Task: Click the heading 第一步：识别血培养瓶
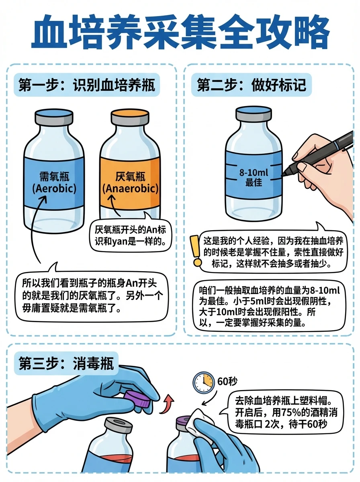click(x=87, y=85)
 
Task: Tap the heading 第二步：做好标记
click(x=252, y=85)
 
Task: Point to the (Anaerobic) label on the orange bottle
click(x=130, y=188)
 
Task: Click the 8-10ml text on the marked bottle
click(x=253, y=173)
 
